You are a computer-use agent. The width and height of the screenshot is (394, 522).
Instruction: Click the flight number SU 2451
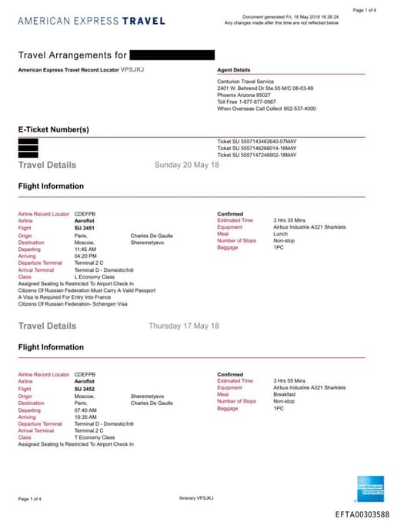(x=84, y=227)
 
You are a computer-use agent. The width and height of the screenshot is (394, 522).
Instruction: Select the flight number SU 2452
(x=84, y=388)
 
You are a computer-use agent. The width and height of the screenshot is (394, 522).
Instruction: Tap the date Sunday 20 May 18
(x=187, y=165)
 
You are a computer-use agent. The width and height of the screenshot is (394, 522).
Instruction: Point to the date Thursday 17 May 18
(x=184, y=326)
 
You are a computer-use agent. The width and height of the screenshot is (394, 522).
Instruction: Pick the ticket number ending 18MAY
(x=256, y=155)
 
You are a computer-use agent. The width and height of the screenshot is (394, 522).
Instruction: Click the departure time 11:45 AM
(x=85, y=249)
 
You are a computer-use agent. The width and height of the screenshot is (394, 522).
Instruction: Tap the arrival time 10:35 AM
(x=85, y=417)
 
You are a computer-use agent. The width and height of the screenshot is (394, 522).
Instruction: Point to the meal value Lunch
(x=281, y=233)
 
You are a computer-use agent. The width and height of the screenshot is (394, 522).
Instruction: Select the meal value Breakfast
(x=285, y=395)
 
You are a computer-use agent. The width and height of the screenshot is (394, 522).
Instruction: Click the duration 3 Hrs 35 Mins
(x=290, y=221)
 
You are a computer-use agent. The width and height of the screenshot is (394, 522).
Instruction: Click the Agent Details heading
(x=234, y=70)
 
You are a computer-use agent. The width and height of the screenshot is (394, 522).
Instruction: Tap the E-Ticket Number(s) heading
(x=54, y=129)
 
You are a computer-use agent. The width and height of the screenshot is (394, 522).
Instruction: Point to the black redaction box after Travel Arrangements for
(x=172, y=55)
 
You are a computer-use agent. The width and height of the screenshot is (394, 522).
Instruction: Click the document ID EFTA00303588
(x=362, y=514)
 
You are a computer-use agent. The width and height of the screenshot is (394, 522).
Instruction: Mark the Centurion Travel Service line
(x=245, y=82)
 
